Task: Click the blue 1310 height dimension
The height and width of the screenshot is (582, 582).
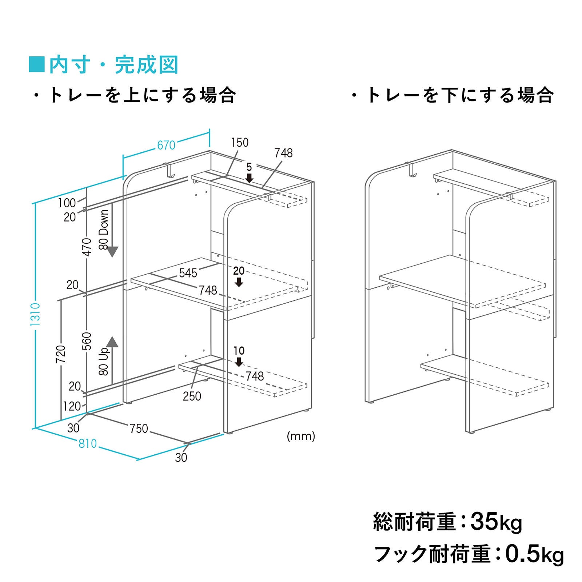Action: coord(35,314)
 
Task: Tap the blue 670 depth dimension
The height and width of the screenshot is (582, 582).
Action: coord(166,145)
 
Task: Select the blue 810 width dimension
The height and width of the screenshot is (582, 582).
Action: coord(88,443)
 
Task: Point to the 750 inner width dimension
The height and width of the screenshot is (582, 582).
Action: coord(139,428)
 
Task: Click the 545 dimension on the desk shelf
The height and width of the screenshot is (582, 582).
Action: coord(188,273)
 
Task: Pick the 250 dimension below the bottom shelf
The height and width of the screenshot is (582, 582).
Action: coord(192,396)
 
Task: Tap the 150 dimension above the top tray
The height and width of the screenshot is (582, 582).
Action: coord(240,143)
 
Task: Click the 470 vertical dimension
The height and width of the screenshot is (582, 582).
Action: coord(87,247)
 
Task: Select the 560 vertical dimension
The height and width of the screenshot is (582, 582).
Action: coord(87,341)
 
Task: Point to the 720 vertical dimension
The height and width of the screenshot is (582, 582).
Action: coord(61,354)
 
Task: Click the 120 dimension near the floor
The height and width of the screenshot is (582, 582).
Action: coord(72,406)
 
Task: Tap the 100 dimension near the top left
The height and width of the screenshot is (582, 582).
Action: coord(67,203)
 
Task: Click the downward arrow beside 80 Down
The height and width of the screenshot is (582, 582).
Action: coord(112,252)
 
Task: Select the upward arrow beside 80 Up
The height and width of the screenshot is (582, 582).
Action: coord(112,342)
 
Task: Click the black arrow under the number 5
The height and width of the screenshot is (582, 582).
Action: coord(249,178)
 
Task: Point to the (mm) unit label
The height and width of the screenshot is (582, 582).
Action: coord(301,436)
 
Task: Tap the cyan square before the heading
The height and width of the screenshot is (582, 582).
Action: coord(36,64)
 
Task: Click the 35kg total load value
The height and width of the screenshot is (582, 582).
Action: coord(496,522)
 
